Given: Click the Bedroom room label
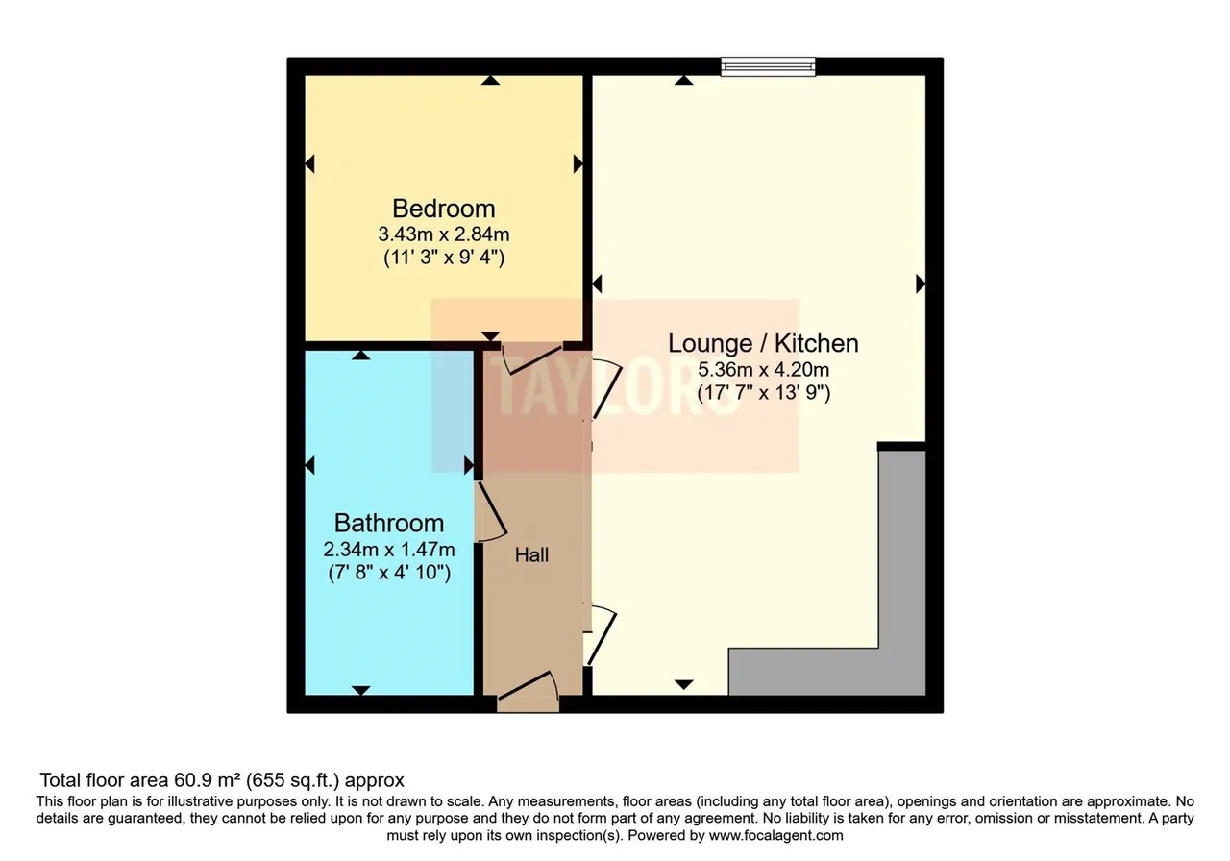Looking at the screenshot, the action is pyautogui.click(x=444, y=209).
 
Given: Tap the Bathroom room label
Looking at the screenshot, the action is pyautogui.click(x=389, y=524).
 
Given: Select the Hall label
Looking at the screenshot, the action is pyautogui.click(x=531, y=555).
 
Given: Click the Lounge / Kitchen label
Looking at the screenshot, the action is pyautogui.click(x=763, y=344).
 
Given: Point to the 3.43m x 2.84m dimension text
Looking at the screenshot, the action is pyautogui.click(x=444, y=234).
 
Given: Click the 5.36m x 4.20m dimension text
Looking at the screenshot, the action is pyautogui.click(x=763, y=370).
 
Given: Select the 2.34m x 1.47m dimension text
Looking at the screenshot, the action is pyautogui.click(x=389, y=549).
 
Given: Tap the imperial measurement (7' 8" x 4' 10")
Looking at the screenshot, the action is pyautogui.click(x=389, y=573).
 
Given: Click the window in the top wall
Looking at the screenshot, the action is pyautogui.click(x=768, y=66).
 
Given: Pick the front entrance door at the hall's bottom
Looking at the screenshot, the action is pyautogui.click(x=529, y=691).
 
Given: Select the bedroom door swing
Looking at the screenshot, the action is pyautogui.click(x=531, y=358).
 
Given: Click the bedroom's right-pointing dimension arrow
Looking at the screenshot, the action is pyautogui.click(x=578, y=163).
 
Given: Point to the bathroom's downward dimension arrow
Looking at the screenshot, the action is pyautogui.click(x=360, y=690).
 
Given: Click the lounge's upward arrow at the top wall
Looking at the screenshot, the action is pyautogui.click(x=683, y=80).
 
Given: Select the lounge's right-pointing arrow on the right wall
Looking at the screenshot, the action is pyautogui.click(x=921, y=283).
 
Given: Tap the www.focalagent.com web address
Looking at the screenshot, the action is pyautogui.click(x=775, y=836).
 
